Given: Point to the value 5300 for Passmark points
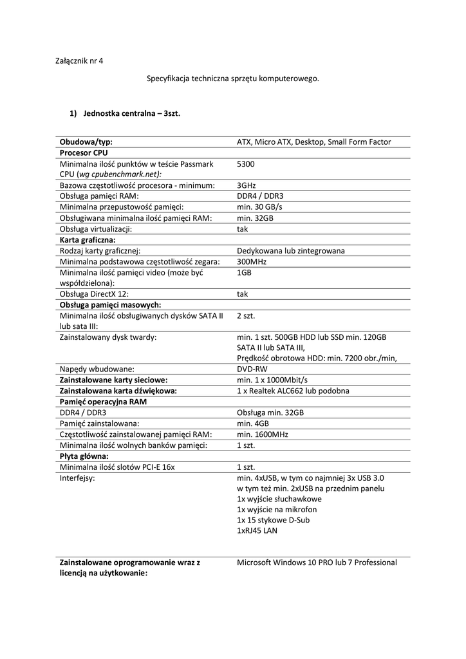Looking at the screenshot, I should (245, 164).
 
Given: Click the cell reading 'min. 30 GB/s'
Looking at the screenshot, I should (259, 207).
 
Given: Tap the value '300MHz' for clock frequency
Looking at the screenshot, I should (252, 261).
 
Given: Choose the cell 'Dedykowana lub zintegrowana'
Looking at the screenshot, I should (290, 250).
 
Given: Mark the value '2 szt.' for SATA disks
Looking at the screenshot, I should (247, 315).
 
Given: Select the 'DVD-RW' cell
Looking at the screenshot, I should (252, 369).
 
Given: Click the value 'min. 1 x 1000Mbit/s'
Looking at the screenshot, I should (272, 380).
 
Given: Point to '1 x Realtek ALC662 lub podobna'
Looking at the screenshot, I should (293, 391).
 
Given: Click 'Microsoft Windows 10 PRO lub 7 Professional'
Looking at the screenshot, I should (317, 562).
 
